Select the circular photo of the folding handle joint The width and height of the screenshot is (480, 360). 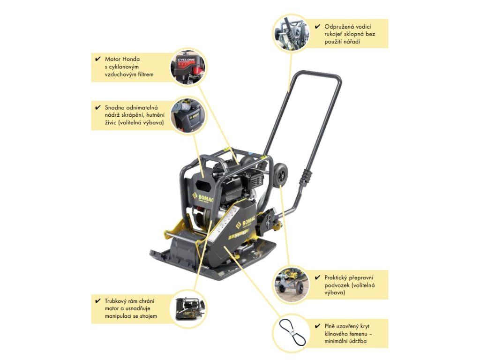(x=291, y=33)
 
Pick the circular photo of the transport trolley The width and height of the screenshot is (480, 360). (x=291, y=285)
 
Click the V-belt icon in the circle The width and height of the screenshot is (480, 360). (x=291, y=333)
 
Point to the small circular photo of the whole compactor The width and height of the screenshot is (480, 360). (x=188, y=308)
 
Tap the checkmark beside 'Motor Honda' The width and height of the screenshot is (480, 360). (x=97, y=59)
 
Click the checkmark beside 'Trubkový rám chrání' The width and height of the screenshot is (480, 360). (x=97, y=300)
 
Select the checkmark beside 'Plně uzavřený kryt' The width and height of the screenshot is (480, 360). (x=317, y=326)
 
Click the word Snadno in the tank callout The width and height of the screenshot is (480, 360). (x=114, y=107)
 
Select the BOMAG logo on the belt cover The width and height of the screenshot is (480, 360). (x=245, y=223)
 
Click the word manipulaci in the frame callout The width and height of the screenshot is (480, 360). (x=118, y=316)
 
